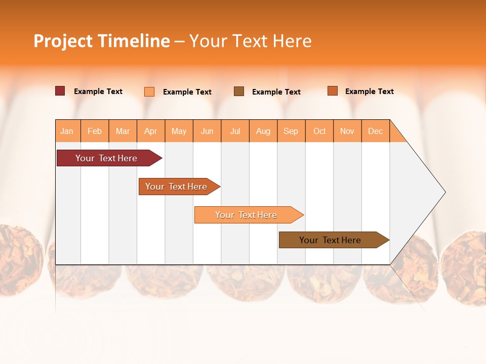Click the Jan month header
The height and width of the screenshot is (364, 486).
coord(67,131)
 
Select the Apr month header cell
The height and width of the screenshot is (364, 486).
coord(151,131)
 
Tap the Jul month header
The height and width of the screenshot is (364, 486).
coord(235,131)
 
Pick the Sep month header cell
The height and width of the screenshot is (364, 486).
coord(291,131)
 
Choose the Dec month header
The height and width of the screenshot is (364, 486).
coord(376,131)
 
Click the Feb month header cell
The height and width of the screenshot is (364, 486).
coord(95,131)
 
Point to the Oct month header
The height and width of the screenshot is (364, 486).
coord(319,131)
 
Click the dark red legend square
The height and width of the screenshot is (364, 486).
coord(60,91)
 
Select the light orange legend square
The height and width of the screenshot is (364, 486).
coord(149,92)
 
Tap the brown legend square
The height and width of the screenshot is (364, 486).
coord(239,92)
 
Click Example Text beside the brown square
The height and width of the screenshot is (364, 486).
coord(276,92)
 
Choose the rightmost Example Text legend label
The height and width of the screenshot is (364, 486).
coord(370,92)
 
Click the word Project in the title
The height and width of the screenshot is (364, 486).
coord(63,41)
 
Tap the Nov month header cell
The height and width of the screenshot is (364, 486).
coord(347,131)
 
